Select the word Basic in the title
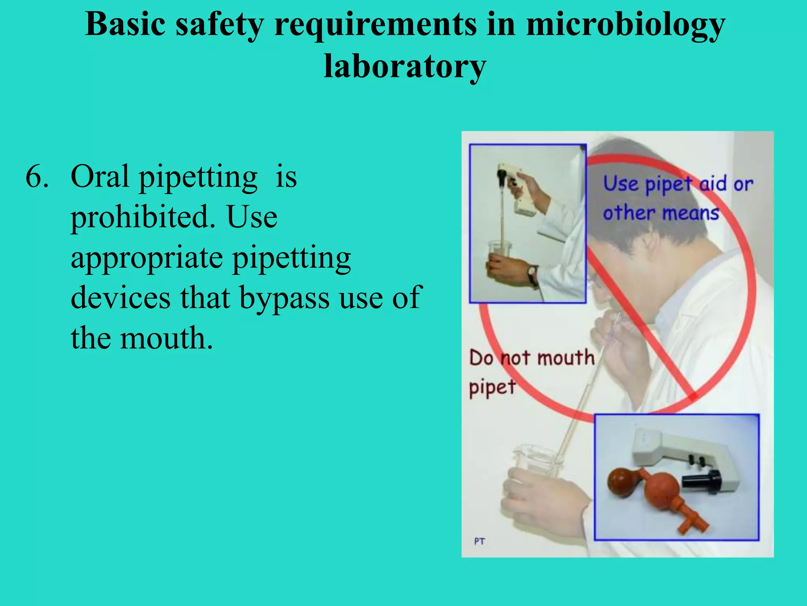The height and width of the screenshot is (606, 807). [125, 24]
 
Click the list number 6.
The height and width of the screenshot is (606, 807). [37, 176]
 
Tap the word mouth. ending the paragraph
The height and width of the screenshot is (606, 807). [166, 339]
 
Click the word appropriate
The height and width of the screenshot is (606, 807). [147, 258]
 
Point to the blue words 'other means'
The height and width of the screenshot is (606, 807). [661, 213]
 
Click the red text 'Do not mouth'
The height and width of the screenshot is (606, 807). [532, 358]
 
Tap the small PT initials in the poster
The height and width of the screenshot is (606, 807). [480, 541]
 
